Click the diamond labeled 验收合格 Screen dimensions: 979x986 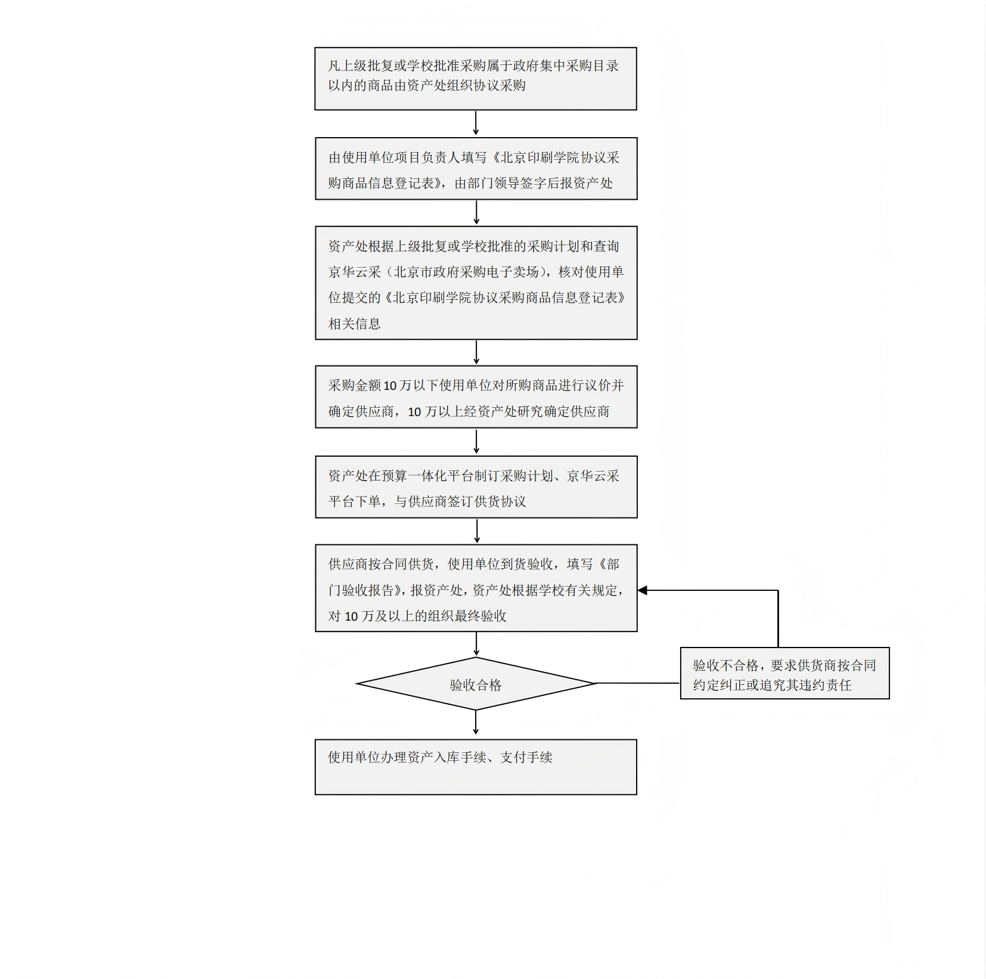pyautogui.click(x=476, y=684)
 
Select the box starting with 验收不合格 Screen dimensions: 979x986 pyautogui.click(x=785, y=673)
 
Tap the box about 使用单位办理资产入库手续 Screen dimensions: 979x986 pyautogui.click(x=476, y=767)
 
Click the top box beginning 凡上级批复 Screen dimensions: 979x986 pyautogui.click(x=476, y=79)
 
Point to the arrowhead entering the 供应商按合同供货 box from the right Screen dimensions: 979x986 pyautogui.click(x=643, y=590)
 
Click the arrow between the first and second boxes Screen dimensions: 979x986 pyautogui.click(x=476, y=123)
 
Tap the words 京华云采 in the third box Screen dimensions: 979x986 pyautogui.click(x=355, y=272)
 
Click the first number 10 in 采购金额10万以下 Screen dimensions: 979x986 pyautogui.click(x=390, y=386)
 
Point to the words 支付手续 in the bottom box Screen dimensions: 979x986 pyautogui.click(x=526, y=757)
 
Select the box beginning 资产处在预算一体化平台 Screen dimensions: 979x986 pyautogui.click(x=476, y=487)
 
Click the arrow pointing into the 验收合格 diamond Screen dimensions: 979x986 pyautogui.click(x=476, y=645)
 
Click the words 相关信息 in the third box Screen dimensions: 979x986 pyautogui.click(x=355, y=324)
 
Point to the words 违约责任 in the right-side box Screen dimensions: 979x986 pyautogui.click(x=826, y=685)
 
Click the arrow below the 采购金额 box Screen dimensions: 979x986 pyautogui.click(x=476, y=441)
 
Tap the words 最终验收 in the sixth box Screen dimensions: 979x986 pyautogui.click(x=480, y=616)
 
